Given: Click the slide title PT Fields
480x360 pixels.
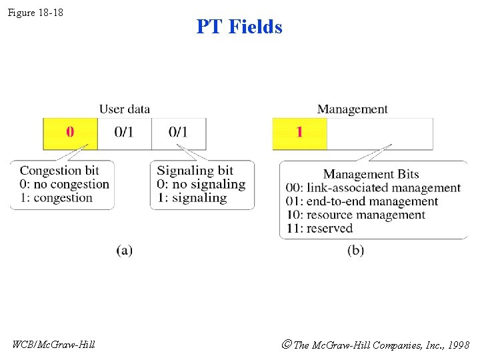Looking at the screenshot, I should [239, 27].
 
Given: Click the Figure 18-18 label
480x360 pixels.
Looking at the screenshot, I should [35, 12].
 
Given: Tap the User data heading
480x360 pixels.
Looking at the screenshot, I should [125, 109].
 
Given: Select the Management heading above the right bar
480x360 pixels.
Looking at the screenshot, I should [352, 109].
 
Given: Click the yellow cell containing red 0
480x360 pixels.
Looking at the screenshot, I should [70, 133].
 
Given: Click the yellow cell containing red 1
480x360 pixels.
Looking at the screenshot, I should [299, 133].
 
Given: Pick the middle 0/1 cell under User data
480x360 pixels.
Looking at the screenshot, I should [124, 133].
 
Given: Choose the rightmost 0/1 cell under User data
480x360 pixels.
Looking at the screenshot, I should [179, 133].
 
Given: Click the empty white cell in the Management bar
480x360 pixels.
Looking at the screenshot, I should [380, 133].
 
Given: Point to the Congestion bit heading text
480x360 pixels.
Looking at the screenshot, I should [59, 171].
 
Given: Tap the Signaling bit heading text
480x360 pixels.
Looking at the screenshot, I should [195, 171].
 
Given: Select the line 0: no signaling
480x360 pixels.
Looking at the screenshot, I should [201, 184].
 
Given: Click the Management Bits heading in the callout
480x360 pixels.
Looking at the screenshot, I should [371, 175].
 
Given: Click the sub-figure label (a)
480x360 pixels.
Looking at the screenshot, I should [124, 251].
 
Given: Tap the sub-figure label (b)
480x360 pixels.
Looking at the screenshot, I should [355, 251].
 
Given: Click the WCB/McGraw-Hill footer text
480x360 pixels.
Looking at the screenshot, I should [53, 345].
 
